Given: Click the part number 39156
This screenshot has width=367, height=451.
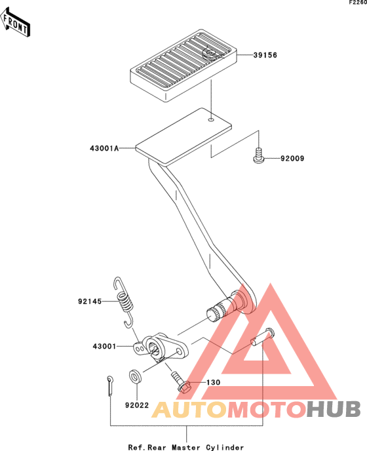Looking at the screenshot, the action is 265,55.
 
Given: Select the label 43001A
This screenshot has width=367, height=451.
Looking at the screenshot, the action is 104,148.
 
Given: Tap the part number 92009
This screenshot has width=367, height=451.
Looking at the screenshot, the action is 292,159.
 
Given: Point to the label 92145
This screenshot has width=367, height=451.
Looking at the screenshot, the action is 90,302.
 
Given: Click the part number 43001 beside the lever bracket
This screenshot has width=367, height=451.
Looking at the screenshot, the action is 104,346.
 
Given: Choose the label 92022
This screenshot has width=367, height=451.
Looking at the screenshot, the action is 137,405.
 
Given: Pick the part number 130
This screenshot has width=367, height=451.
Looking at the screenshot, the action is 214,383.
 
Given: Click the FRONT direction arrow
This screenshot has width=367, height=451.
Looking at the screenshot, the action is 15,22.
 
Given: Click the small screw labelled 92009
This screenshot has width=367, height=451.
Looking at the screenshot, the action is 259,155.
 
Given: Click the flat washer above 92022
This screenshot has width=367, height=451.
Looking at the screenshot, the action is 135,377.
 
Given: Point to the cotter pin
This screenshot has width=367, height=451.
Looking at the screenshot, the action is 110,385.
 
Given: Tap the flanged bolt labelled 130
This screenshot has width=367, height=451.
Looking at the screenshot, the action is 181,383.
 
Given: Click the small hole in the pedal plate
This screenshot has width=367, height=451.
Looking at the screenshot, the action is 211,119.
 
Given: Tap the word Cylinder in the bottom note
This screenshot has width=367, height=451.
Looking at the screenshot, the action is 225,447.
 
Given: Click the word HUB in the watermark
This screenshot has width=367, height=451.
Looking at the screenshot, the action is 333,409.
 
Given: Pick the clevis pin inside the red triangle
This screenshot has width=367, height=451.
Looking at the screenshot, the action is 262,336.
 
